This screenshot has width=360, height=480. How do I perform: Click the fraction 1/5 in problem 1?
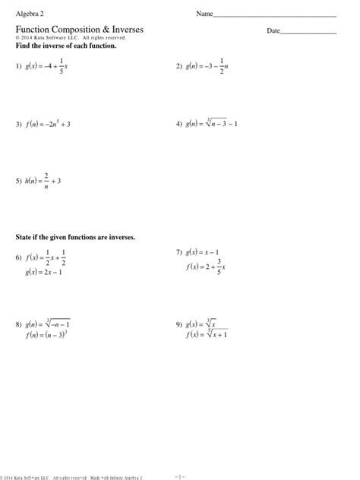pos(61,67)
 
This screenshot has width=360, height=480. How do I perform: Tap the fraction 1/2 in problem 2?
pos(221,67)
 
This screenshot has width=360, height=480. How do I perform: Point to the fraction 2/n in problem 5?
pos(46,182)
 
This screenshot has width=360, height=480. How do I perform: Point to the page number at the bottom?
pos(180,475)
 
